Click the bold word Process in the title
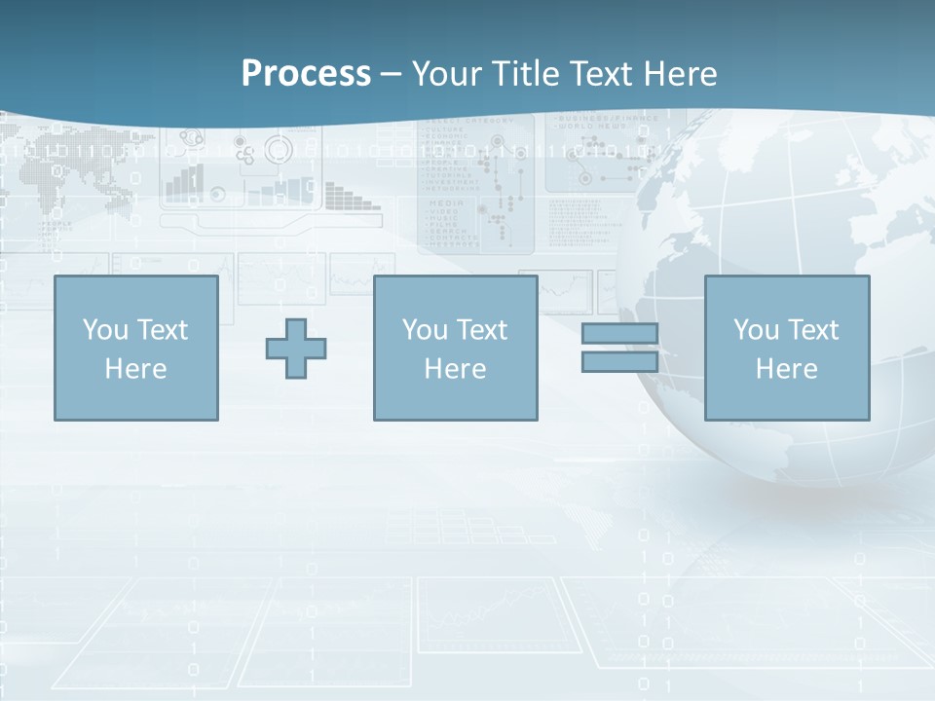tap(306, 74)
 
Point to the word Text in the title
tap(607, 74)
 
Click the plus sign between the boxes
tap(296, 349)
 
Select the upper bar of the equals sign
tap(619, 333)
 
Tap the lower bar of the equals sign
tap(619, 362)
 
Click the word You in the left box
tap(105, 330)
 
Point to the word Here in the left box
tap(135, 369)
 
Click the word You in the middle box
tap(425, 330)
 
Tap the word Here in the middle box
tap(455, 369)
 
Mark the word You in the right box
tap(756, 330)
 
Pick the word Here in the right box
tap(786, 369)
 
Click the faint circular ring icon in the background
tap(279, 149)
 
